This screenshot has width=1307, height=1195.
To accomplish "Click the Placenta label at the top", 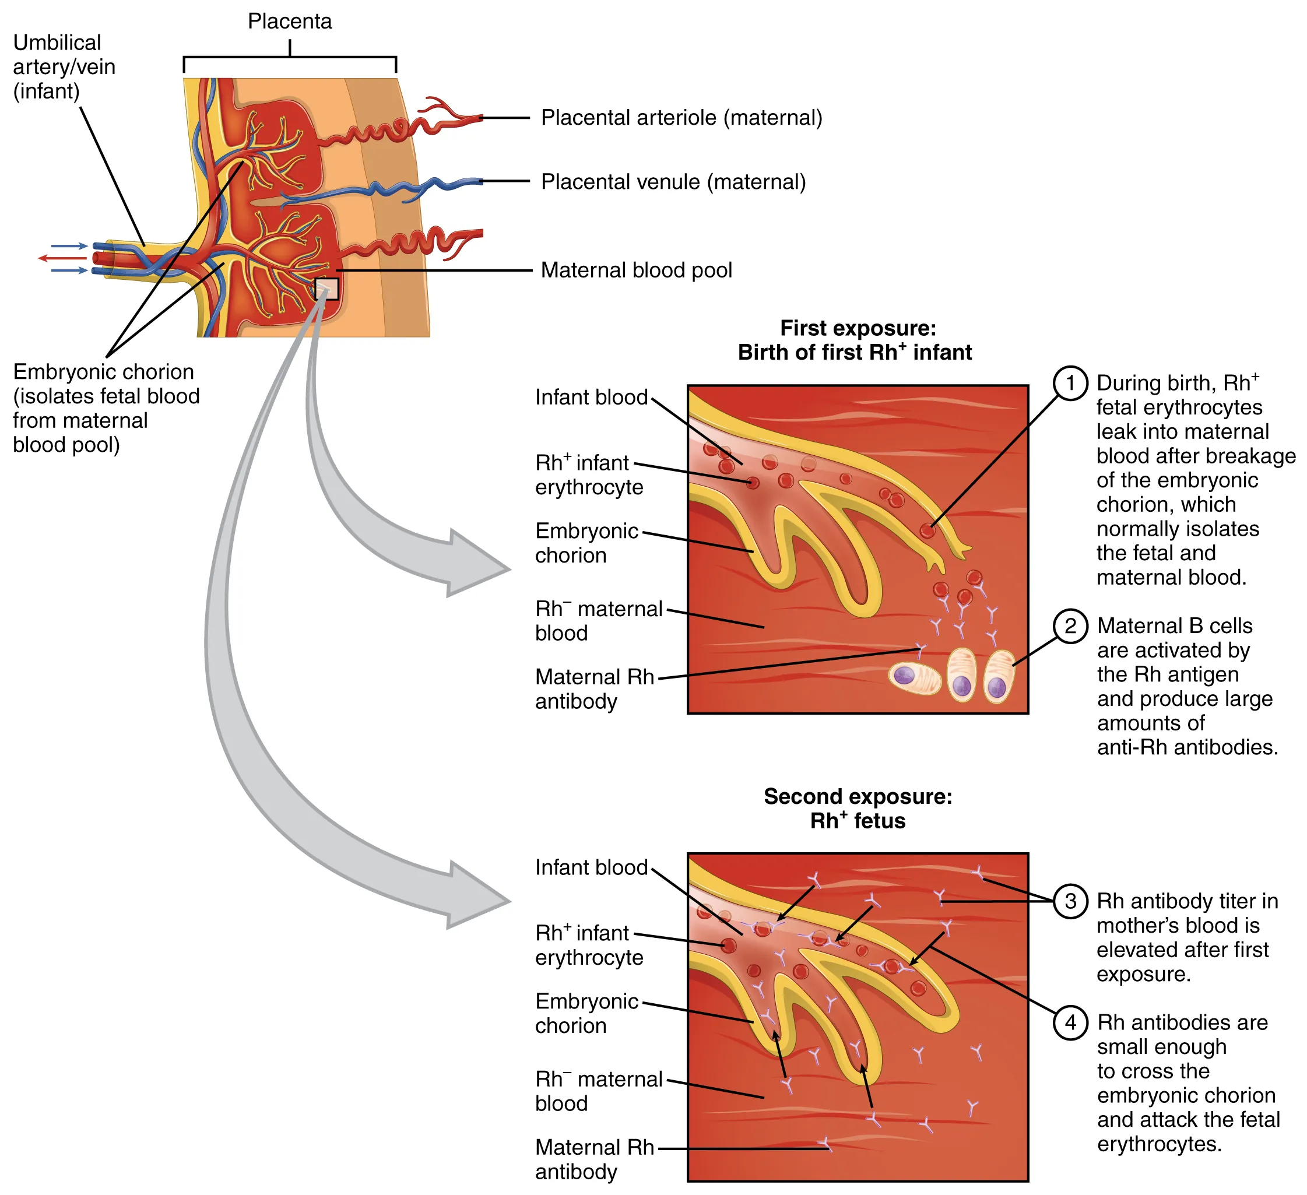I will tap(290, 22).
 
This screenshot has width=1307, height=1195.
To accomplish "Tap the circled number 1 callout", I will tap(1070, 382).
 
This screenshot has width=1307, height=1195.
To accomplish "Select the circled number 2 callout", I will tap(1070, 625).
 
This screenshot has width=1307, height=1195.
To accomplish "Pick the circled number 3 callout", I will tap(1070, 901).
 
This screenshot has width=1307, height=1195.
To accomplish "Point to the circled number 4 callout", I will tap(1070, 1022).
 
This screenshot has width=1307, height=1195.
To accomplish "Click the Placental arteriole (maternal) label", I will tap(681, 118).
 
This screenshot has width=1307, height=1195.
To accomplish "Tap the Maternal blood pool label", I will tap(636, 270).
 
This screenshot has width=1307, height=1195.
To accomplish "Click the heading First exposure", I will tap(857, 328).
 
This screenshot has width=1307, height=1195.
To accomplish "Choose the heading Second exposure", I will tap(857, 796).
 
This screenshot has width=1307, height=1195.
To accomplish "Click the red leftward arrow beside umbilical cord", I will tap(62, 258).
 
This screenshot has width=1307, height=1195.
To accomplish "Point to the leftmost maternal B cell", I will tap(914, 678).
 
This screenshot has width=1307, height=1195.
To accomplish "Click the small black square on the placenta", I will tap(326, 289).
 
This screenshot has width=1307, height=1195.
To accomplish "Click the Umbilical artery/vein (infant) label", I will tap(64, 67).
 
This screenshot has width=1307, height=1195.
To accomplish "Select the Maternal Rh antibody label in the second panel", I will tap(594, 1159).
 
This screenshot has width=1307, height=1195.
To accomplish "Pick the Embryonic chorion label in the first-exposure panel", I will tap(586, 543).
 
